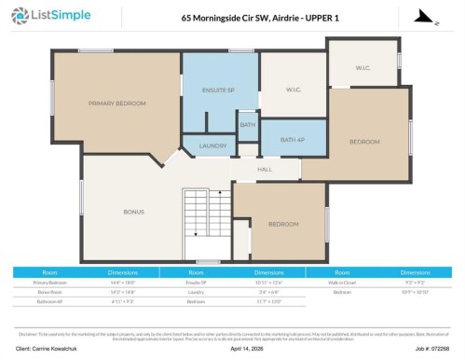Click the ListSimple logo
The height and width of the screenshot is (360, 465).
tap(45, 16)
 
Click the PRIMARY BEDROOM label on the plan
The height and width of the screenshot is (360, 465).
tap(116, 103)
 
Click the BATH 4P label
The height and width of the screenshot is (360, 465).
tap(293, 140)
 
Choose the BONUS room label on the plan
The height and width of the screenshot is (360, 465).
tap(134, 212)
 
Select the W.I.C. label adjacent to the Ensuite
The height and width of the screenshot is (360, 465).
tap(293, 90)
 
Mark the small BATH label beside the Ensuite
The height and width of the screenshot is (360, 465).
tap(247, 124)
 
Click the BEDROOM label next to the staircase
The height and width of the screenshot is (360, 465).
tap(283, 224)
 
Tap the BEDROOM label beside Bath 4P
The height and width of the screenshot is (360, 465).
tap(364, 141)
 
